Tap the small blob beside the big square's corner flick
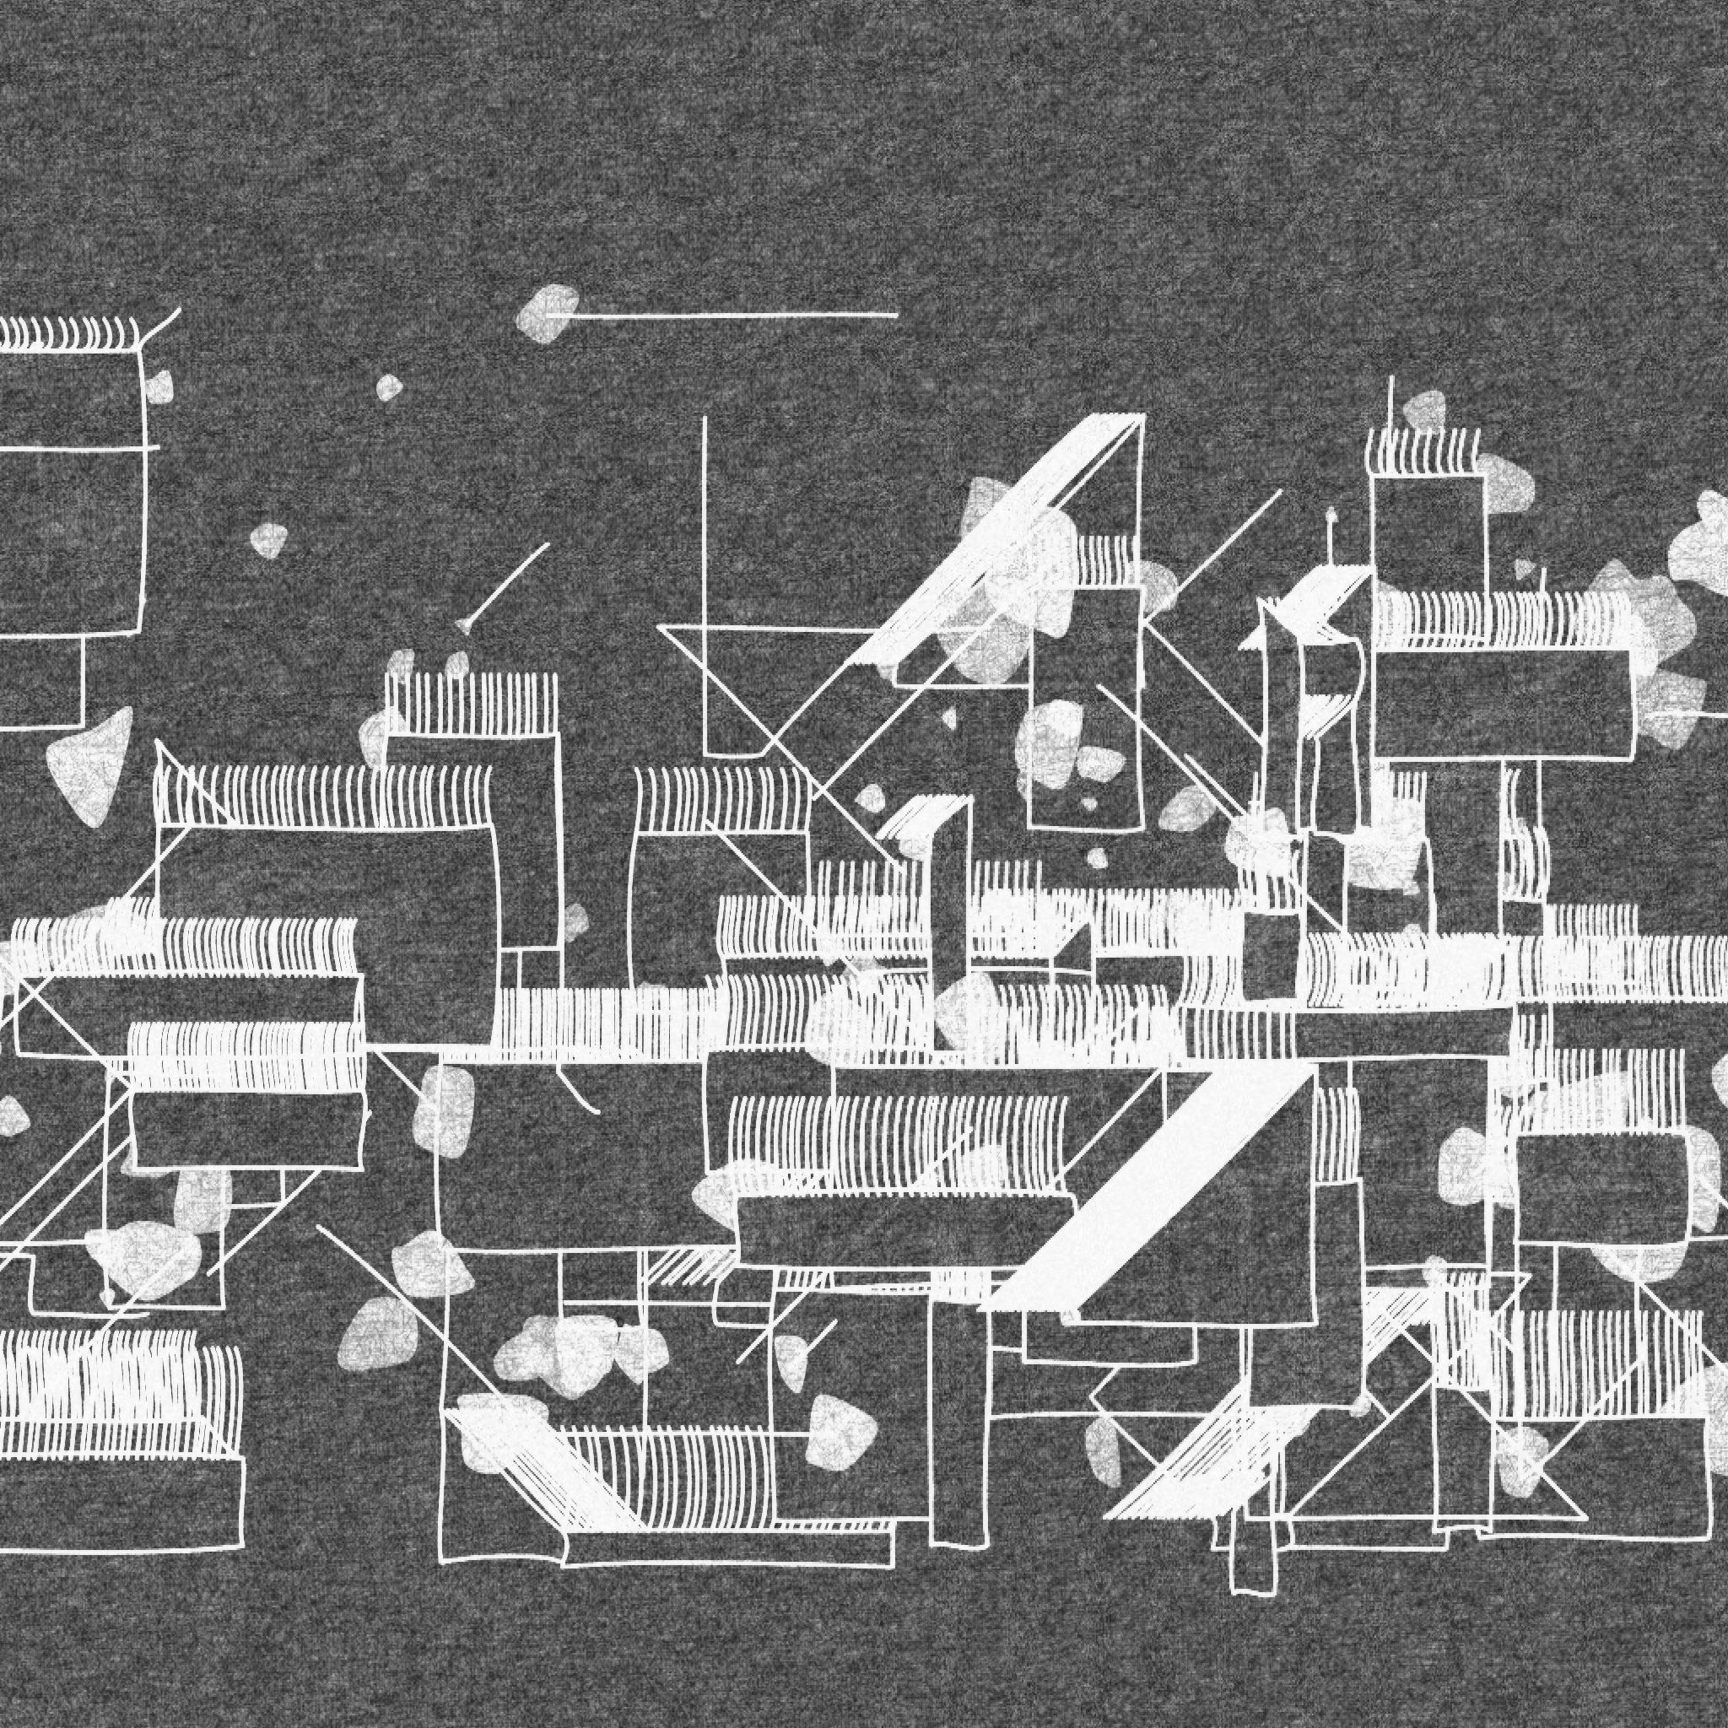click(x=160, y=386)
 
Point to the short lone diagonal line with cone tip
click(x=505, y=586)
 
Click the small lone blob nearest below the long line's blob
click(x=388, y=387)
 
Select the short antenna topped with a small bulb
click(x=1330, y=537)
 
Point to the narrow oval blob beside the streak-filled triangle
click(x=1104, y=1449)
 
